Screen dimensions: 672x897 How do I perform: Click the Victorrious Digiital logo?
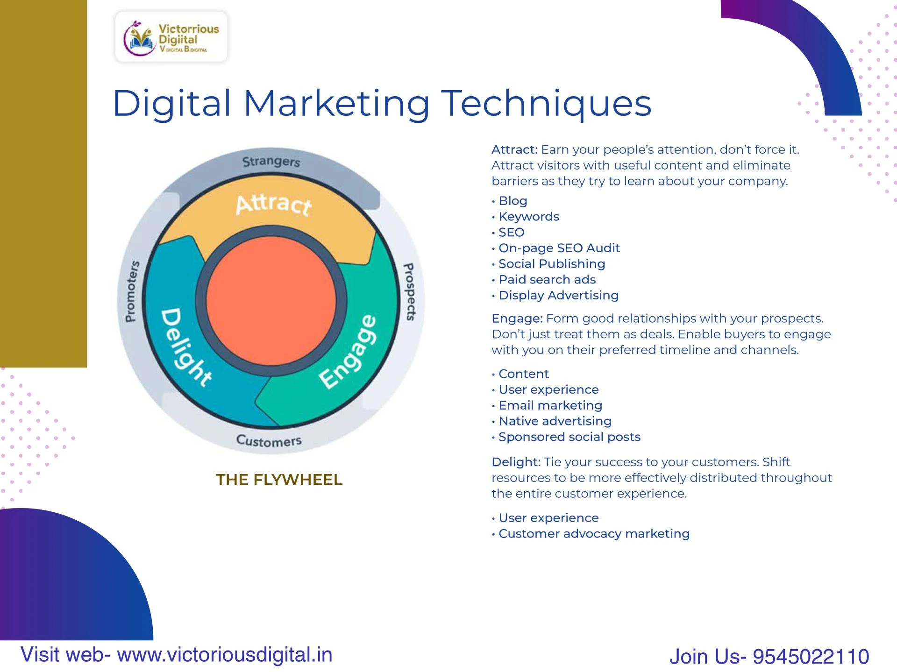[171, 37]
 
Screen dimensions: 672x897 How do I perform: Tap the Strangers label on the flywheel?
[271, 162]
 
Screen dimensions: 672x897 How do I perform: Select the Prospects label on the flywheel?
[409, 291]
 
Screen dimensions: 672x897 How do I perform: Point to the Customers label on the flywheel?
[269, 440]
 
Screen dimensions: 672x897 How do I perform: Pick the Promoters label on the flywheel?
[132, 291]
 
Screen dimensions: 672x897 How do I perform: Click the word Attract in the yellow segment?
[273, 205]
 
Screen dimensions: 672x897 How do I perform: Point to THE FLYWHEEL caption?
[279, 480]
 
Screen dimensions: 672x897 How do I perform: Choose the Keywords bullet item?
[528, 217]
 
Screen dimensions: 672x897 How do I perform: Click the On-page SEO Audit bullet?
[559, 248]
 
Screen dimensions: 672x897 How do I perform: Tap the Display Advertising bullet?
[558, 295]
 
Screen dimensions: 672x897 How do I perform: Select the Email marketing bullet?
[550, 405]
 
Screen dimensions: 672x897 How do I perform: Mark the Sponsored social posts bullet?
[569, 437]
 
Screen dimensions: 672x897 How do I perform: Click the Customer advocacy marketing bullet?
[594, 533]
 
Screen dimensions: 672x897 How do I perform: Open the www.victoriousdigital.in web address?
[225, 655]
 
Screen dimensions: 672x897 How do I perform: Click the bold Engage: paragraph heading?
[517, 318]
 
